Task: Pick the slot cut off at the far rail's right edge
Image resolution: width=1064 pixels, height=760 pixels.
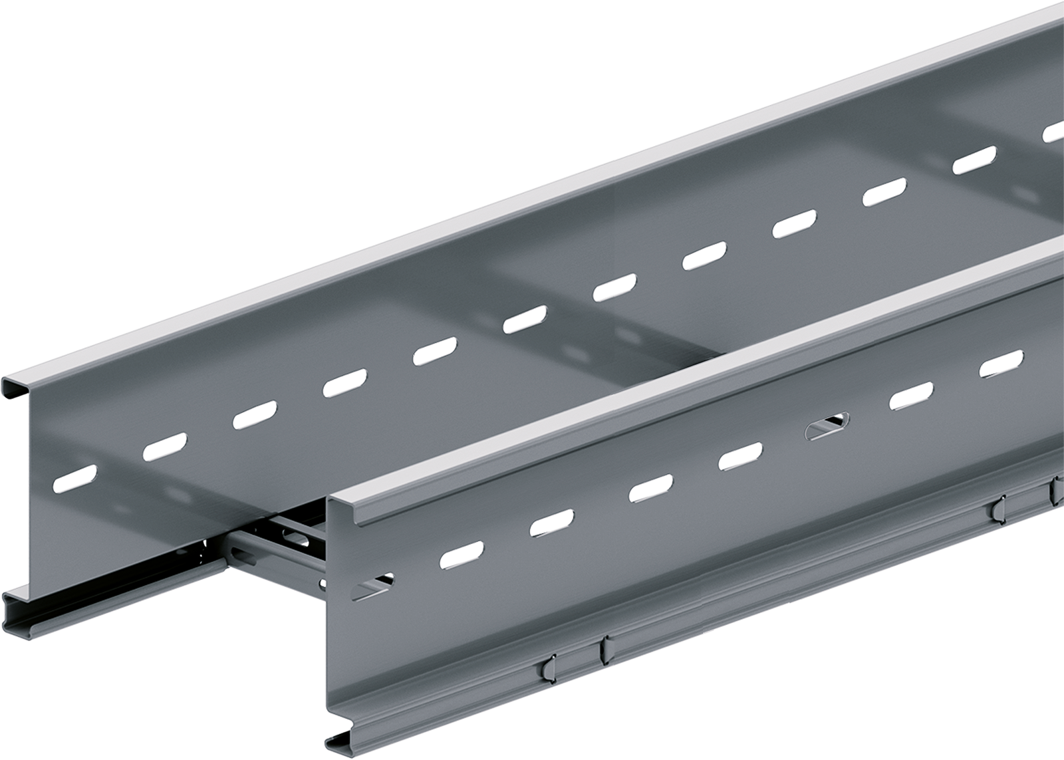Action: tap(1054, 131)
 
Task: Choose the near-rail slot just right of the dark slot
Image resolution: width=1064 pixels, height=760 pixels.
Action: tap(912, 397)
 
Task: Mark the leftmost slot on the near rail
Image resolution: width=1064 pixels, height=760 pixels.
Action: tap(374, 586)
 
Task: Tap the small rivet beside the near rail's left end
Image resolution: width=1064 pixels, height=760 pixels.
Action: tap(323, 585)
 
